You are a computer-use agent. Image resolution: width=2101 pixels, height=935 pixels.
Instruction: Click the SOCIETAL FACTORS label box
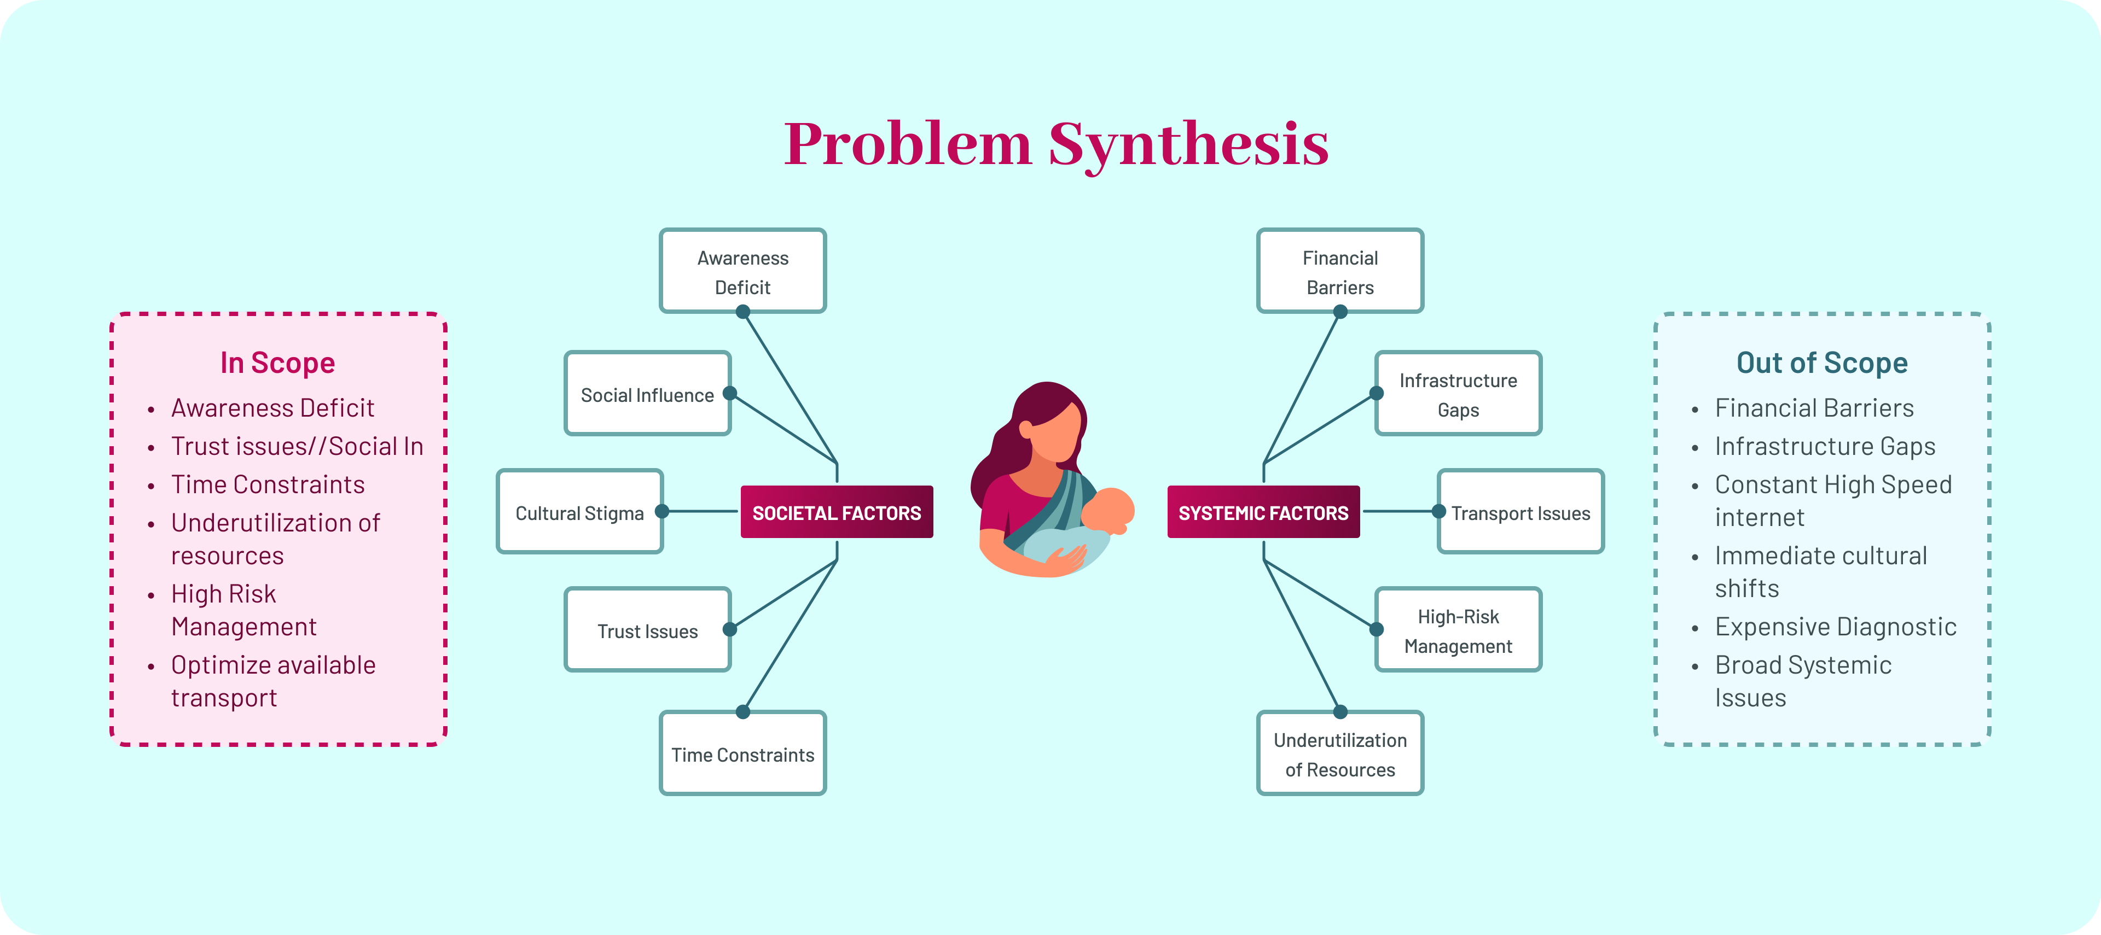click(x=836, y=512)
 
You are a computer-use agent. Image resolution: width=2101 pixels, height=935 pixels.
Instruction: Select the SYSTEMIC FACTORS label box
click(x=1263, y=512)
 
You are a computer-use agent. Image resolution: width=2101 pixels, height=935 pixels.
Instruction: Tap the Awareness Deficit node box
click(x=742, y=271)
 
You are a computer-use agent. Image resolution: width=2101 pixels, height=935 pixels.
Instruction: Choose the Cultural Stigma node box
click(x=579, y=512)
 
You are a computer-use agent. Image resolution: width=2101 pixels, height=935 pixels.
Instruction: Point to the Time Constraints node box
click(x=742, y=754)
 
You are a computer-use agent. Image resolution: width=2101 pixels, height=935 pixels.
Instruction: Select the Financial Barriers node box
click(x=1339, y=271)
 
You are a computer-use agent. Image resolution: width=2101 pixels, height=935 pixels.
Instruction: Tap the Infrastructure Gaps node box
click(x=1458, y=395)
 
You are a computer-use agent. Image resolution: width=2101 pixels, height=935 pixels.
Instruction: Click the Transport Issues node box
click(x=1520, y=512)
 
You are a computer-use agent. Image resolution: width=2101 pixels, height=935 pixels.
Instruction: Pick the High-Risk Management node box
click(x=1458, y=630)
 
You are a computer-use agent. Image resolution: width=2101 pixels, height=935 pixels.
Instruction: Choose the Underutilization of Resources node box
click(x=1339, y=754)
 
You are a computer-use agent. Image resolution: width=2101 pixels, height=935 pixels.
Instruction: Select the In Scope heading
click(x=277, y=363)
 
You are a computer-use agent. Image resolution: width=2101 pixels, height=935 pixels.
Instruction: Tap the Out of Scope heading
click(x=1821, y=363)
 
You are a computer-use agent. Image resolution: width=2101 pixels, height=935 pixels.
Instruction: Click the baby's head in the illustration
click(x=1107, y=510)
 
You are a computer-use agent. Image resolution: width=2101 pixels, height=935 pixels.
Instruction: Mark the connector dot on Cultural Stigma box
click(x=662, y=511)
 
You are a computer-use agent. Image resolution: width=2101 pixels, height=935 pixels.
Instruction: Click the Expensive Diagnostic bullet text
click(x=1835, y=626)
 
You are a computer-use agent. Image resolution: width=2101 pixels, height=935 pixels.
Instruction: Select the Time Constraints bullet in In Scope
click(x=268, y=484)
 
